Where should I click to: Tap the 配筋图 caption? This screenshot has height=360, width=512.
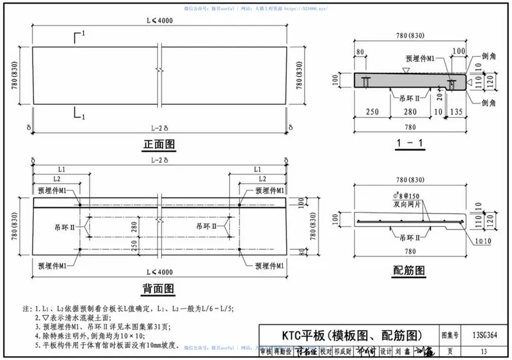(x=410, y=270)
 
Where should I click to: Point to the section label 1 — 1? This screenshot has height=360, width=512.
(x=410, y=143)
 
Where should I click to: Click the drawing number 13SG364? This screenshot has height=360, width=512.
(x=484, y=334)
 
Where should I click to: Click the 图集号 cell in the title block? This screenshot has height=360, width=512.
(x=450, y=334)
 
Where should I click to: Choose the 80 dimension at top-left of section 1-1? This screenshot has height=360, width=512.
(x=360, y=52)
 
